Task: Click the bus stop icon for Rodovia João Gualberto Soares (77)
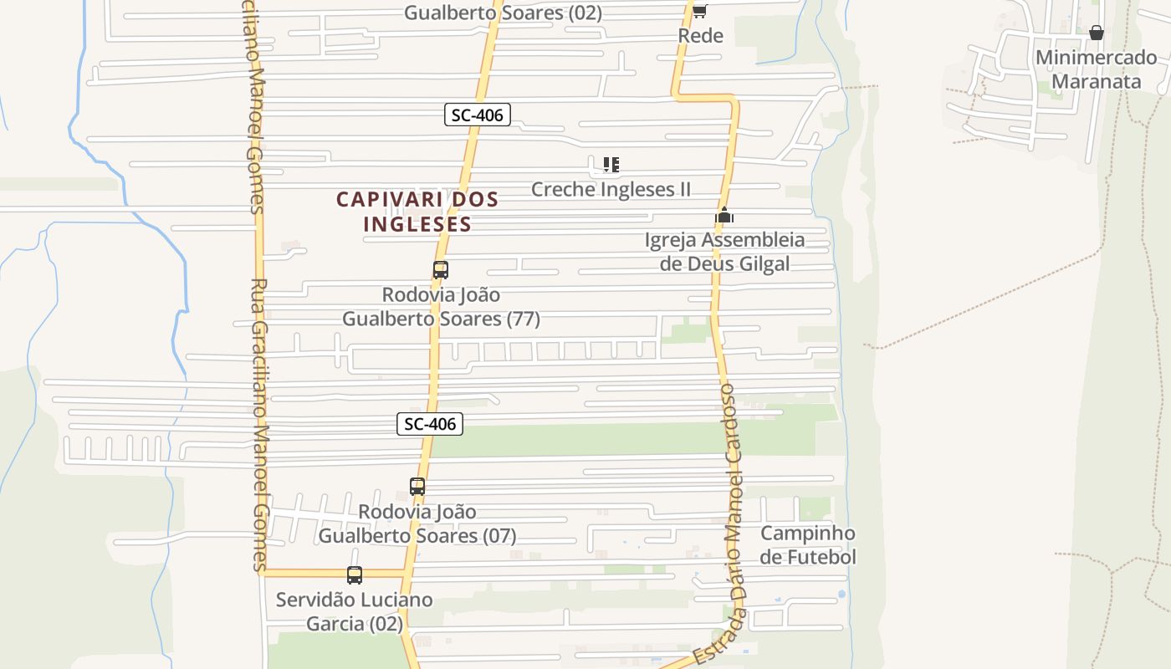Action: [x=441, y=270]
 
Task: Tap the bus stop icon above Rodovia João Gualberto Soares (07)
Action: [x=417, y=486]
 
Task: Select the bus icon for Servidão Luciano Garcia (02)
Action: [x=355, y=575]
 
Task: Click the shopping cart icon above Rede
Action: [x=700, y=11]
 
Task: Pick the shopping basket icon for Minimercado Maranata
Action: [x=1097, y=33]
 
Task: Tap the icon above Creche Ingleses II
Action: [x=611, y=165]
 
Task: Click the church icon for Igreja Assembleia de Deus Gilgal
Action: [x=724, y=216]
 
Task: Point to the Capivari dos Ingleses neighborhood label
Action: [x=417, y=212]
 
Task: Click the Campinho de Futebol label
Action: [x=808, y=545]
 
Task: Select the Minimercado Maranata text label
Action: [x=1096, y=69]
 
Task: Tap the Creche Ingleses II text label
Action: [x=611, y=189]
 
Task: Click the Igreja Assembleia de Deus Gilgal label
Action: [x=724, y=252]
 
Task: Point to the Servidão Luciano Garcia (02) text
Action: [x=355, y=611]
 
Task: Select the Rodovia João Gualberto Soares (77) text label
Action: [x=441, y=307]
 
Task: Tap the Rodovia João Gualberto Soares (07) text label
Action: [x=417, y=523]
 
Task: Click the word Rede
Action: [x=700, y=36]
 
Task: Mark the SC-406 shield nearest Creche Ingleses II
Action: [x=477, y=115]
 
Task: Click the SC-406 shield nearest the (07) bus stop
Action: [x=430, y=424]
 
